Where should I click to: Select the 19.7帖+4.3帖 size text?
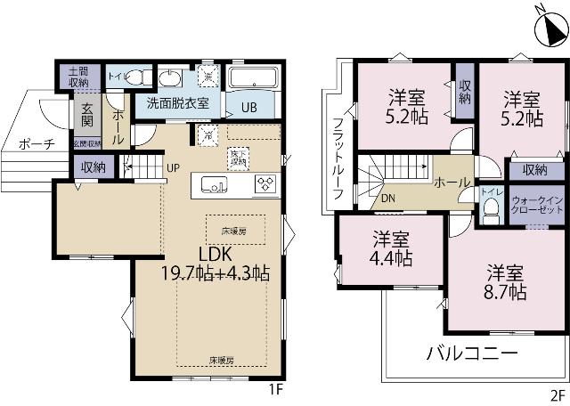coord(216,272)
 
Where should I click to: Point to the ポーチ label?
coord(36,142)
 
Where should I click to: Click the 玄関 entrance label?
coord(87,118)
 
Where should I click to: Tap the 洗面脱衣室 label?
coord(178,102)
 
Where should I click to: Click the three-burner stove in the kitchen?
coord(266,183)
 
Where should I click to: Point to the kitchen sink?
coord(215,184)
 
